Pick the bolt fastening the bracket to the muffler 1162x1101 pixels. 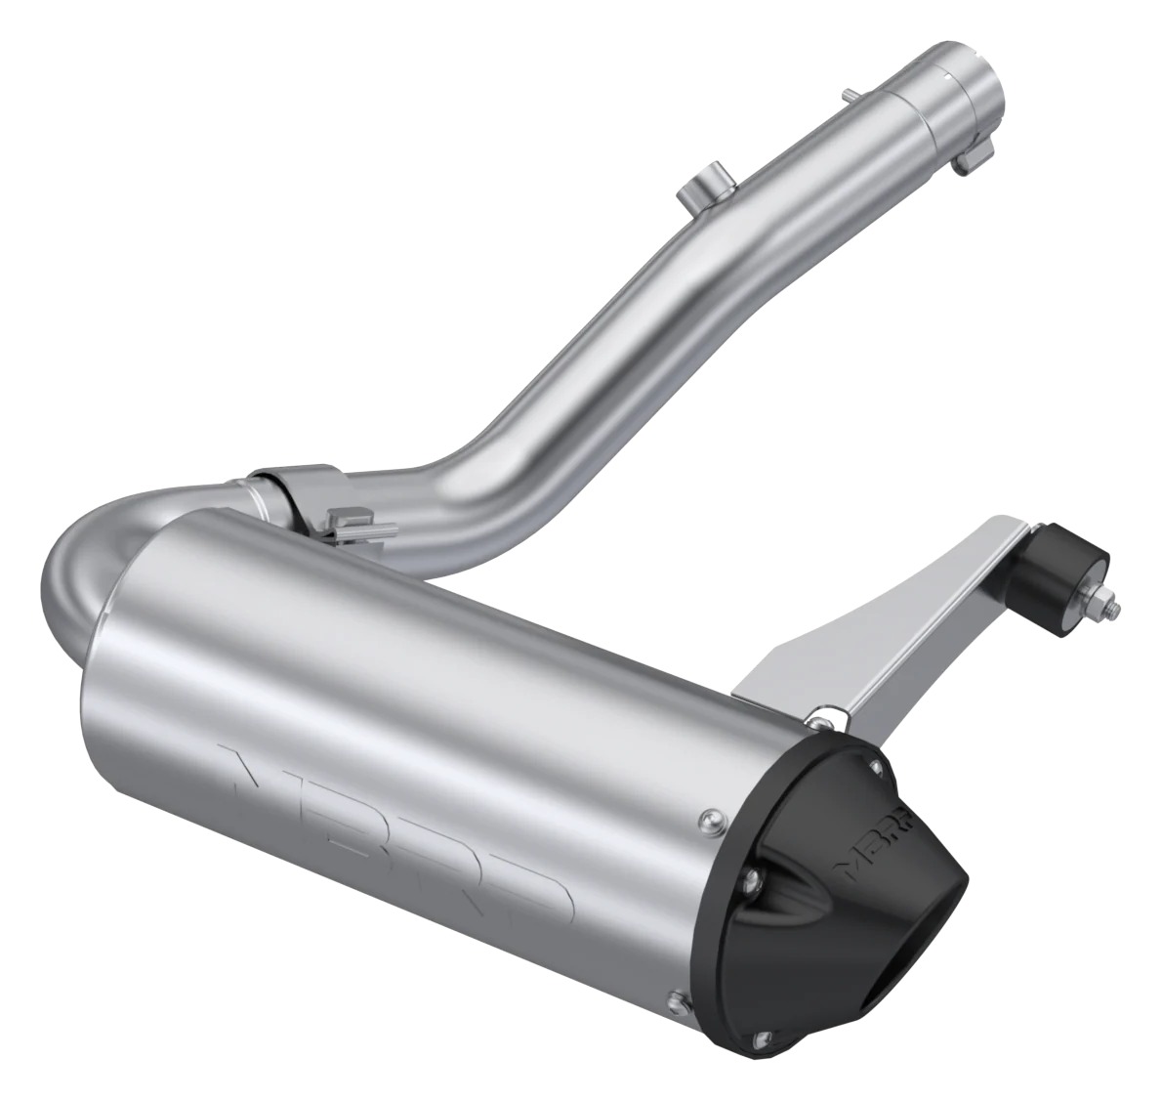click(812, 720)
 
